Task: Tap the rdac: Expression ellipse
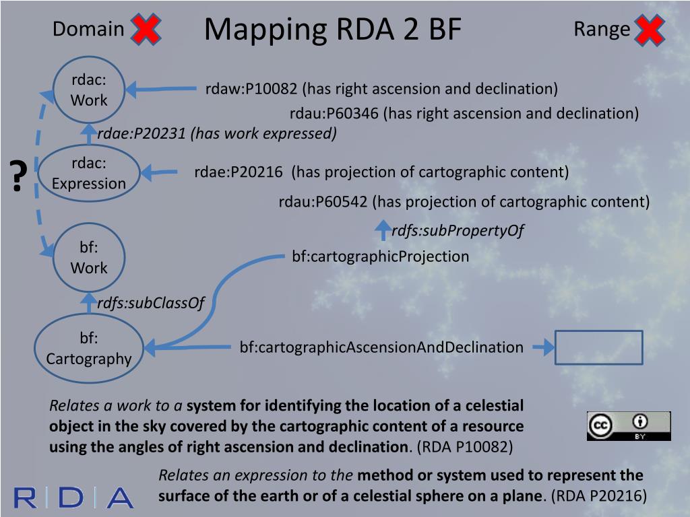point(89,174)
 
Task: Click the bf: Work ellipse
point(89,258)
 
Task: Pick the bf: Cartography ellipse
point(89,349)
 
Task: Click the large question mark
point(19,176)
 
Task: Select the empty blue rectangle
point(598,347)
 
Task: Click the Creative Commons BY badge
point(628,425)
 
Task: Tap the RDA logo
point(73,497)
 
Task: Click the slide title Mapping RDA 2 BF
point(333,30)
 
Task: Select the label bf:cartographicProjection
point(380,256)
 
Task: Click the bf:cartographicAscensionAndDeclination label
point(381,347)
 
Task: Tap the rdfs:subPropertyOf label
point(458,231)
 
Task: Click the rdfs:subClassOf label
point(150,304)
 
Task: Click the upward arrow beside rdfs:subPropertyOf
point(382,230)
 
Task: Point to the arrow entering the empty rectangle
point(543,347)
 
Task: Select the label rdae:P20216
point(239,172)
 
